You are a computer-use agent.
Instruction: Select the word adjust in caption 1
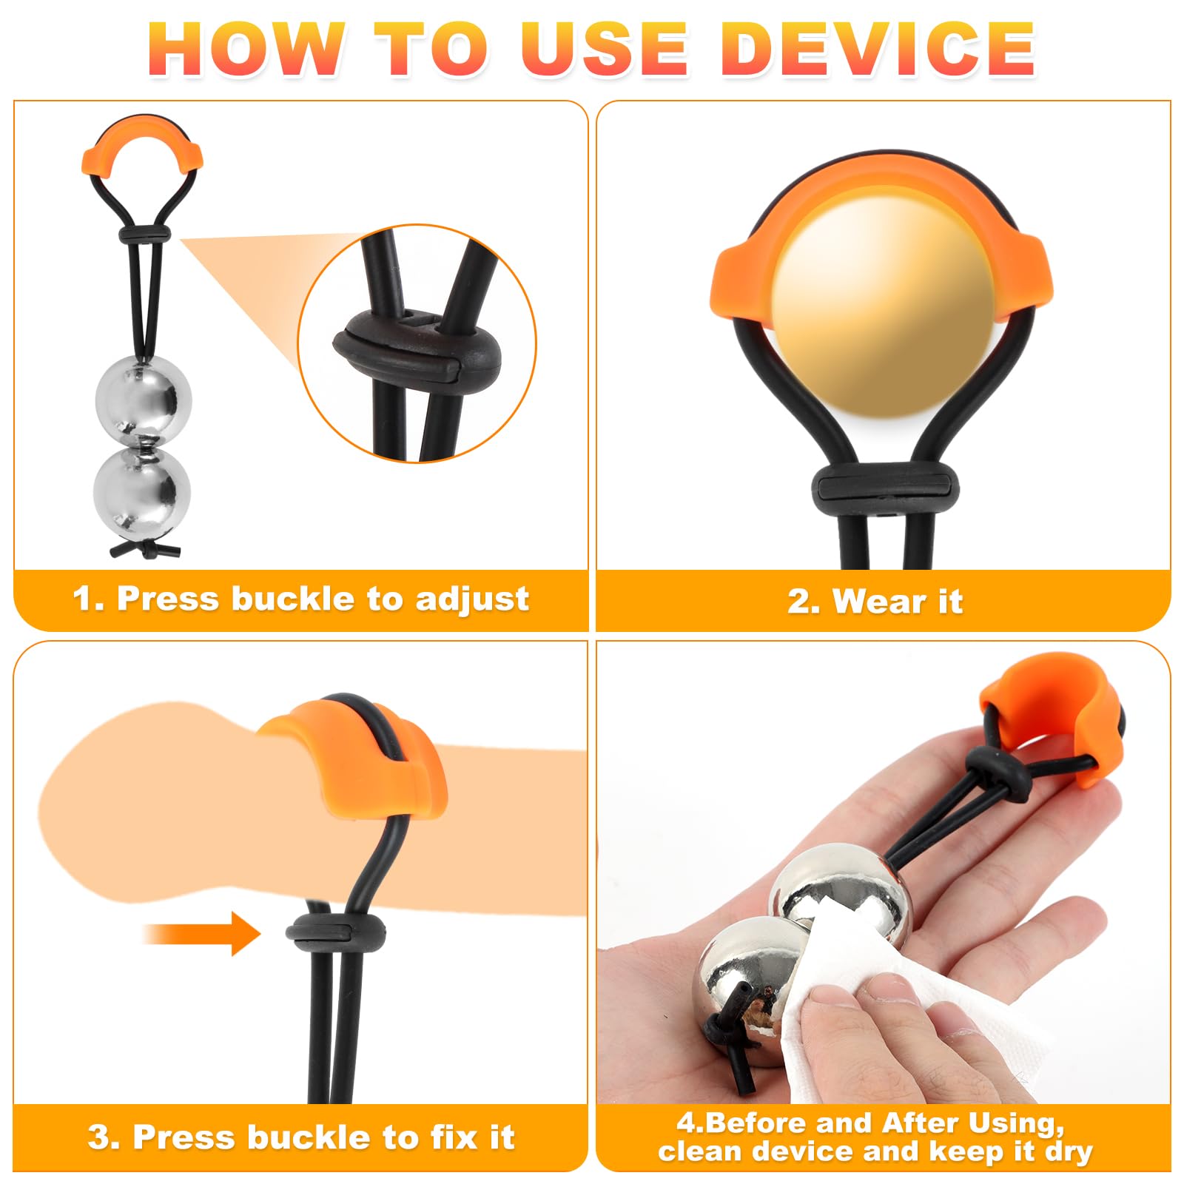point(472,599)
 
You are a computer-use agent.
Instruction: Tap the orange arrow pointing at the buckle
point(201,933)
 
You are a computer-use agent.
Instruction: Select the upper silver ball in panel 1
point(144,401)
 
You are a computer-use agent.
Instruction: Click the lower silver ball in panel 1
point(142,492)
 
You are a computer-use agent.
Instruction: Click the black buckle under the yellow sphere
point(885,489)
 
